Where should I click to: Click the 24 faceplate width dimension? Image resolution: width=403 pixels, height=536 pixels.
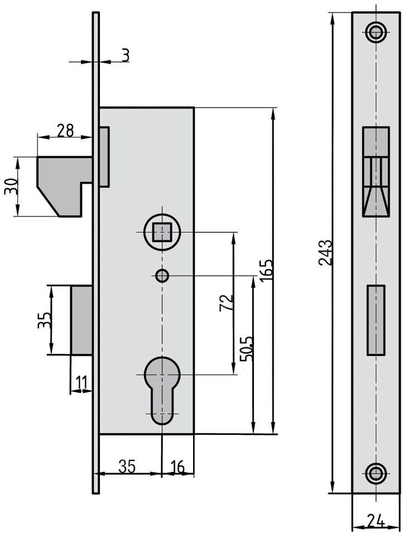(x=375, y=521)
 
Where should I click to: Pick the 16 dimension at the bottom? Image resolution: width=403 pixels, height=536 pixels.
(x=177, y=467)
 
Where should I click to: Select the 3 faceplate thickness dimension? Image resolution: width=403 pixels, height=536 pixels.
(x=125, y=55)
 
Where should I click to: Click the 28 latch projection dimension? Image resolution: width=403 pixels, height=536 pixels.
(x=65, y=130)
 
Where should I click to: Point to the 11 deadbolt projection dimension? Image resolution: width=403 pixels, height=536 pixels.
(x=81, y=384)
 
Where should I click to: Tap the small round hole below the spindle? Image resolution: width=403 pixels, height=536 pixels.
(x=162, y=275)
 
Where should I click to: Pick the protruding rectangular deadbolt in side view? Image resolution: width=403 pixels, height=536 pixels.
(x=81, y=320)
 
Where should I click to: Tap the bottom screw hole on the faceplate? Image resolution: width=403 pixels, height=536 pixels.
(x=376, y=474)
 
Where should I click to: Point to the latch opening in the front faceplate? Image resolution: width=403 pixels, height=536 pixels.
(x=376, y=171)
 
